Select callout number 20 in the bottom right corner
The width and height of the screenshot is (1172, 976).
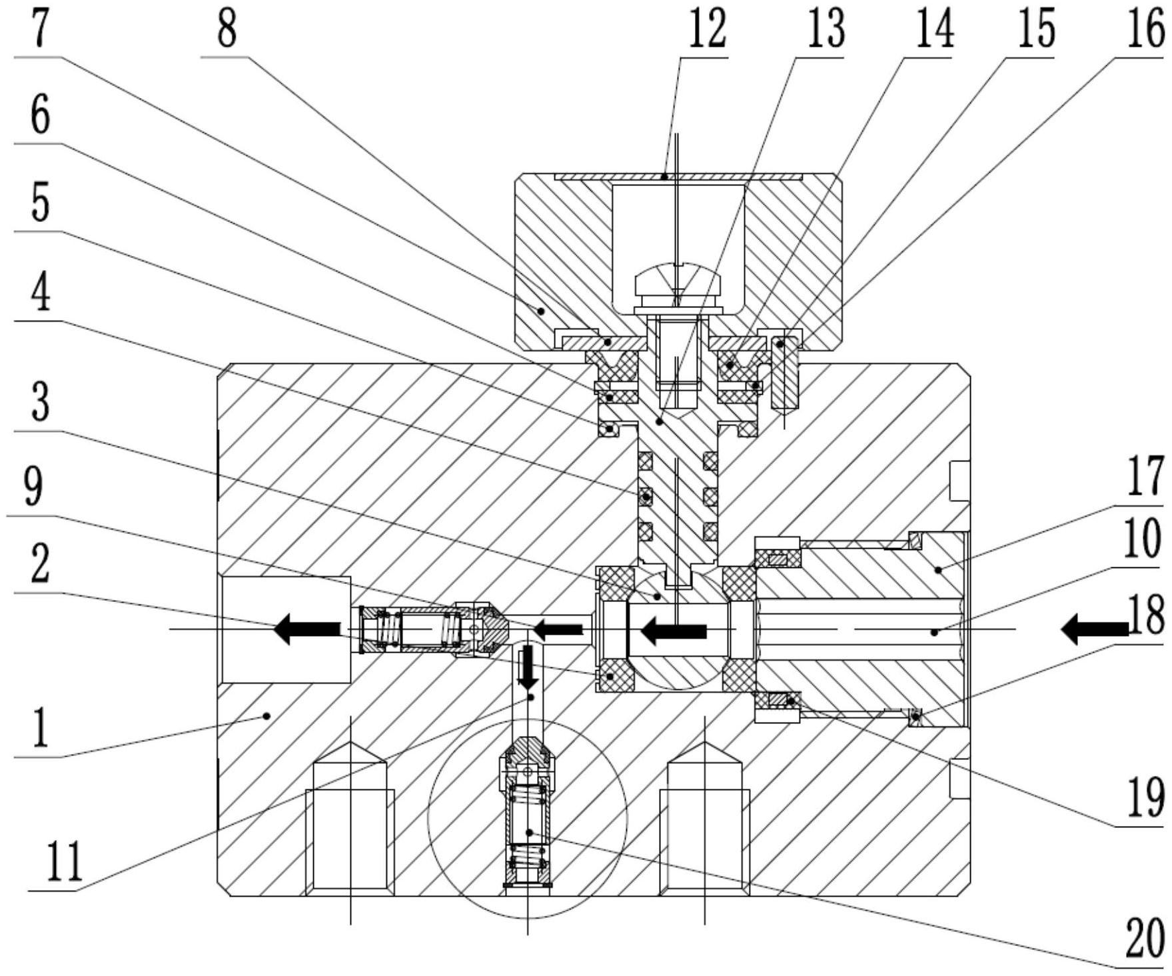[1145, 939]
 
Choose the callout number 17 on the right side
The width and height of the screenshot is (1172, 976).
[1145, 475]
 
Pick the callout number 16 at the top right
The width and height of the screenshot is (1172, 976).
[1145, 30]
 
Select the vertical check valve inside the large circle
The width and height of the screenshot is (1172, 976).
[528, 813]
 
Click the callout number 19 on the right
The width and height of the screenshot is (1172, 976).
[1145, 797]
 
